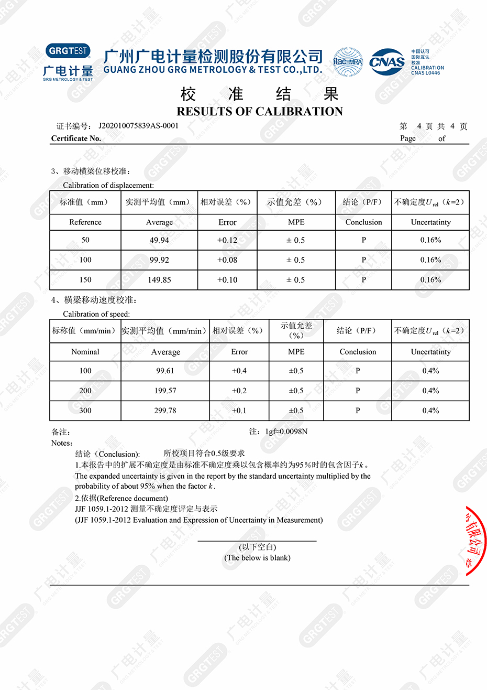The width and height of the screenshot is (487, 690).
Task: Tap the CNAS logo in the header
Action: tap(387, 62)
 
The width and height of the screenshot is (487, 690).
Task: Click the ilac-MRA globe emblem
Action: tap(348, 62)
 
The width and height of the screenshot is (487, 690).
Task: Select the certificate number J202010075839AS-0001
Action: tap(138, 126)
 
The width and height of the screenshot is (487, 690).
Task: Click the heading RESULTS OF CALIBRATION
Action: tap(260, 111)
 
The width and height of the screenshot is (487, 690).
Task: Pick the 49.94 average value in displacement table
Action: tap(159, 240)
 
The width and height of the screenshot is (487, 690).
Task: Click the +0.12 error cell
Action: tap(227, 240)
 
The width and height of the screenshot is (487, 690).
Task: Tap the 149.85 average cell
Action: tap(159, 280)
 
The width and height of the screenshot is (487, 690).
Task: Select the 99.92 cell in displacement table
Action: tap(159, 260)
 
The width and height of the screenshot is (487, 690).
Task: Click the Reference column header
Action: tap(85, 222)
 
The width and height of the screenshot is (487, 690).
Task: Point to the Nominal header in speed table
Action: tap(85, 352)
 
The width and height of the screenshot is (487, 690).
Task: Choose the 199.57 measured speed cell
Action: tap(165, 391)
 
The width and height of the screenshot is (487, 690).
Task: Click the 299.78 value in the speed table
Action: tap(165, 411)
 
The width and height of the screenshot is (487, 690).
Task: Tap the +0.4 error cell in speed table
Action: tap(239, 371)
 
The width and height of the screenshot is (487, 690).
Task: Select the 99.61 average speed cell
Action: tap(165, 371)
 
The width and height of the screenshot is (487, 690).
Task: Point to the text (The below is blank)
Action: tap(257, 558)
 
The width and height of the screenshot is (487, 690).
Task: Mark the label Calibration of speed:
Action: tap(96, 314)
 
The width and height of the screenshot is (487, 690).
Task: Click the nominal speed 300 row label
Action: tap(85, 411)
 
